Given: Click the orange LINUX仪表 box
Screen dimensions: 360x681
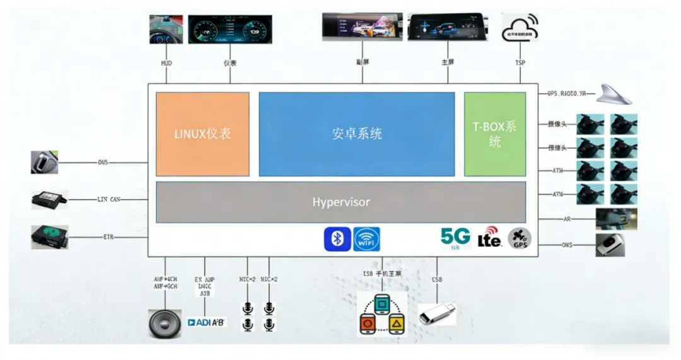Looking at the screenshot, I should click(202, 134).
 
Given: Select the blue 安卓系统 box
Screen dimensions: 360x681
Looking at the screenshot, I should click(356, 134).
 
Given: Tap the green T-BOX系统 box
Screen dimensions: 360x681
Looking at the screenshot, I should click(495, 134).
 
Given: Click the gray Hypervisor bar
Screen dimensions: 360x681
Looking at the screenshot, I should click(340, 202).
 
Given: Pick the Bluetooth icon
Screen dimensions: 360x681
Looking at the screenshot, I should click(337, 239).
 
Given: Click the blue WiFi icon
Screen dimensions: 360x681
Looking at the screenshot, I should click(366, 239).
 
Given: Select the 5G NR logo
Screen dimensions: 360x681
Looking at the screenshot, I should click(455, 238).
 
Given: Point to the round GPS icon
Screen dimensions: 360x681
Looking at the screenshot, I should click(520, 238).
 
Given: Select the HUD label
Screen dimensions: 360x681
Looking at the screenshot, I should click(166, 63).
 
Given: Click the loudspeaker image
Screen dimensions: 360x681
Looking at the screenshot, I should click(165, 323).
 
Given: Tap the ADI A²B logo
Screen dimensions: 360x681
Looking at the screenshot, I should click(207, 322).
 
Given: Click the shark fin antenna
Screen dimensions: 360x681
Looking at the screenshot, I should click(614, 94).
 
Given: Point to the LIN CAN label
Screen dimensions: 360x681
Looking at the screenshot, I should click(109, 199).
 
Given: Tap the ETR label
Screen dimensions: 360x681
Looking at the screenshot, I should click(108, 237).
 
